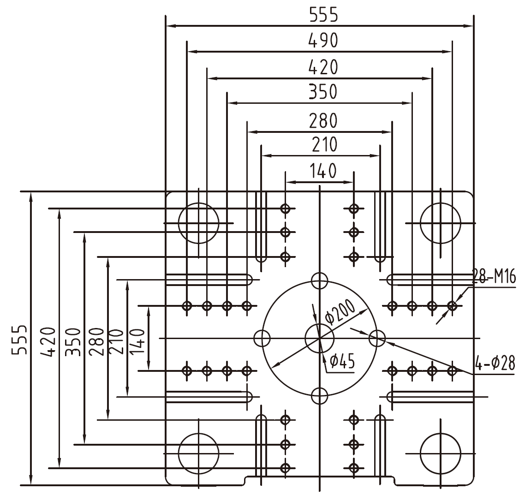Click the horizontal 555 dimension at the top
pyautogui.click(x=323, y=15)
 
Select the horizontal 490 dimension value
pyautogui.click(x=323, y=41)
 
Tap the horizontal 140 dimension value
pyautogui.click(x=323, y=171)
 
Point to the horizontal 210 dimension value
pyautogui.click(x=324, y=145)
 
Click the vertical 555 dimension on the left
pyautogui.click(x=19, y=340)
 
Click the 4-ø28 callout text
pyautogui.click(x=495, y=363)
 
